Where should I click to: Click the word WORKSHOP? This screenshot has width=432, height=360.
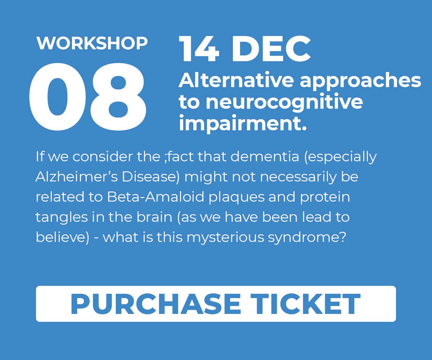click(92, 43)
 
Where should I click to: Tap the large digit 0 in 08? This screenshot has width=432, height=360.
click(58, 96)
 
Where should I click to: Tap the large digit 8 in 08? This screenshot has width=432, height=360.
click(118, 96)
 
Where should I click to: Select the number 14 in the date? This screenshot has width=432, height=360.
click(199, 49)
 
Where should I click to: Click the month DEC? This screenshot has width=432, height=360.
click(271, 49)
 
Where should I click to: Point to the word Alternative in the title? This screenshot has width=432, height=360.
click(236, 80)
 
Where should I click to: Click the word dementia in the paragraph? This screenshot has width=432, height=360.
click(265, 157)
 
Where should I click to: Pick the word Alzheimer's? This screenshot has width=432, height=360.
click(77, 177)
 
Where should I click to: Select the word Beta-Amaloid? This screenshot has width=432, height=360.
click(156, 197)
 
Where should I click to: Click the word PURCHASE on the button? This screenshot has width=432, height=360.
click(156, 304)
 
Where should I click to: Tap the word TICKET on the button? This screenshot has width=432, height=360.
click(305, 304)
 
